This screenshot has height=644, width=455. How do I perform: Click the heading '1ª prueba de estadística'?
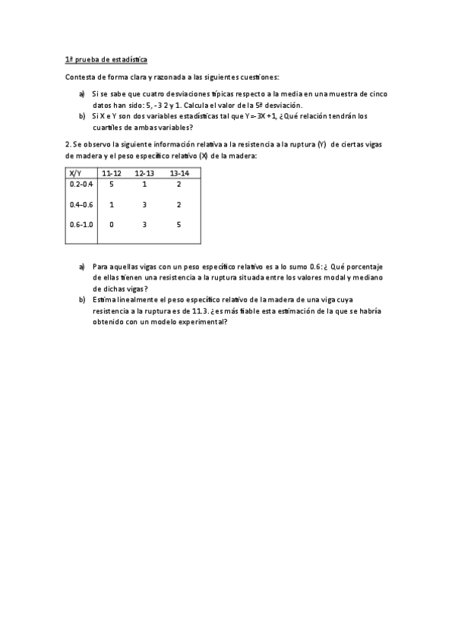pyautogui.click(x=106, y=58)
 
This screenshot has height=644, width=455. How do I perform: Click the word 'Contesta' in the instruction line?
pyautogui.click(x=80, y=77)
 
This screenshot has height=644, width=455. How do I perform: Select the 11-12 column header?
pyautogui.click(x=112, y=173)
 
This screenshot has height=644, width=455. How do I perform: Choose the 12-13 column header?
pyautogui.click(x=144, y=173)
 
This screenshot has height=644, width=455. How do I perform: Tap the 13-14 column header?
pyautogui.click(x=179, y=173)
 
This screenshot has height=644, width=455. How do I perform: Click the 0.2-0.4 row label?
pyautogui.click(x=81, y=185)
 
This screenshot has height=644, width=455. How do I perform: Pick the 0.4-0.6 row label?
pyautogui.click(x=81, y=204)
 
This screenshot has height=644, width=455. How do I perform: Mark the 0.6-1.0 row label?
pyautogui.click(x=81, y=225)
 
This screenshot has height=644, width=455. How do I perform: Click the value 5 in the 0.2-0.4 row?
pyautogui.click(x=112, y=185)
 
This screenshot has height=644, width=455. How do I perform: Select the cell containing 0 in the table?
pyautogui.click(x=112, y=225)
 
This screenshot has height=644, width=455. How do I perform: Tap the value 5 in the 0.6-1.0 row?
pyautogui.click(x=179, y=225)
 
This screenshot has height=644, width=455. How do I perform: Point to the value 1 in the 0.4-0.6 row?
pyautogui.click(x=112, y=204)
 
